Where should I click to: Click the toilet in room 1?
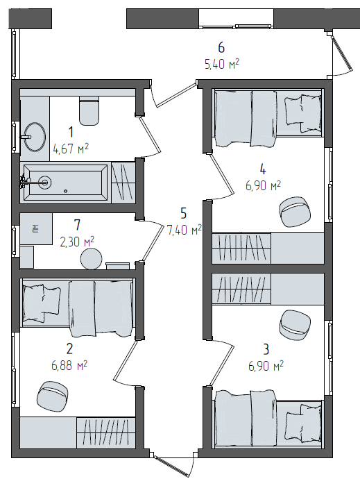(89, 111)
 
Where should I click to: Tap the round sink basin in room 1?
(35, 137)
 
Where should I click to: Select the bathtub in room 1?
(65, 183)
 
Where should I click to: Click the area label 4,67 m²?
(71, 149)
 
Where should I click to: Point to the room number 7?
(77, 225)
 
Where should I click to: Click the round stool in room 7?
(91, 259)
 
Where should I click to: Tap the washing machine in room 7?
(36, 229)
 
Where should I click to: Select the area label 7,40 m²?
(184, 230)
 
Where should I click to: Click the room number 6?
(221, 48)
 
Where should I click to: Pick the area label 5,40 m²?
(222, 65)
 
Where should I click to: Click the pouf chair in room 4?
(295, 212)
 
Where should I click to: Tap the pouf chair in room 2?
(52, 396)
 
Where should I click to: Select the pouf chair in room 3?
(295, 325)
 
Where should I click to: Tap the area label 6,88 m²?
(69, 365)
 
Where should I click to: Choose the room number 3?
(266, 349)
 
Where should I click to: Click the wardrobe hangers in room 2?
(105, 432)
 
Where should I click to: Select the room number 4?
(263, 169)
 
